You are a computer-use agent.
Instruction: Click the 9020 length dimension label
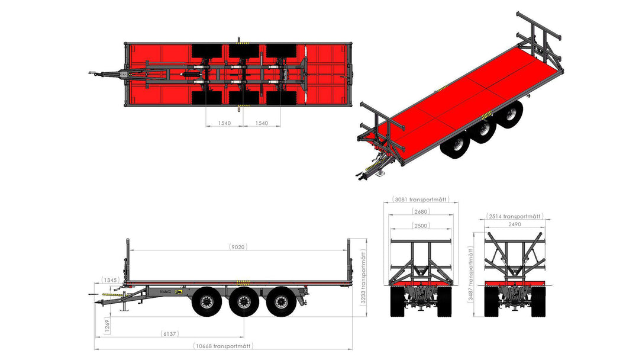(x=238, y=247)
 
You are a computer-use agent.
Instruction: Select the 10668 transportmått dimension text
(x=223, y=346)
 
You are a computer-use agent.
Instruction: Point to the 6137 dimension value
(x=170, y=333)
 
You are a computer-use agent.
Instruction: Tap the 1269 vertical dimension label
(x=106, y=326)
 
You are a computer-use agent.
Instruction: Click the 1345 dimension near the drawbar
(x=110, y=280)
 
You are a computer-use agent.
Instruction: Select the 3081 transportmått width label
(x=421, y=200)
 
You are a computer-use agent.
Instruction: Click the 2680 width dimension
(x=421, y=211)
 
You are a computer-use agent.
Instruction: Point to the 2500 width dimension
(x=421, y=226)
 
